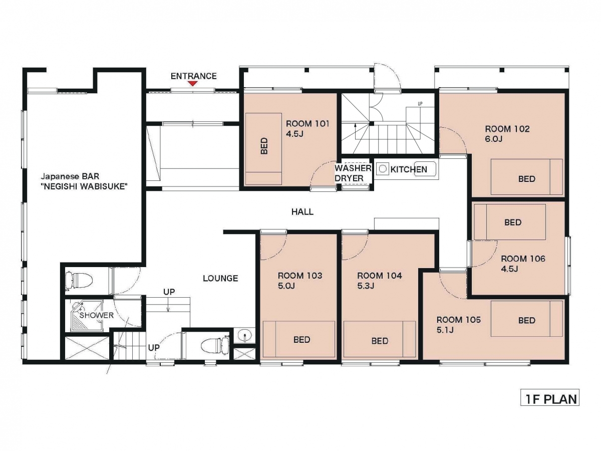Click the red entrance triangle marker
(x=193, y=84)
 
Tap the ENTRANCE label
(x=194, y=76)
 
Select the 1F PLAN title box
(x=550, y=399)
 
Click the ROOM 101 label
(x=308, y=124)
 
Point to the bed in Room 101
(x=263, y=149)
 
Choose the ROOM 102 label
(x=507, y=129)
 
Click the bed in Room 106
(x=510, y=222)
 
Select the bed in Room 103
(x=299, y=339)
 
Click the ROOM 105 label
(x=459, y=320)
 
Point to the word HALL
(x=303, y=211)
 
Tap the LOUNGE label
(x=220, y=278)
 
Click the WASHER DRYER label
(x=353, y=173)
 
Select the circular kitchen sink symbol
(x=383, y=169)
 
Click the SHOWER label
(x=96, y=315)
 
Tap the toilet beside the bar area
(x=80, y=281)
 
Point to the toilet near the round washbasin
(x=215, y=346)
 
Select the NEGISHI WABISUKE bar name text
(x=84, y=187)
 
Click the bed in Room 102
(x=526, y=177)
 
